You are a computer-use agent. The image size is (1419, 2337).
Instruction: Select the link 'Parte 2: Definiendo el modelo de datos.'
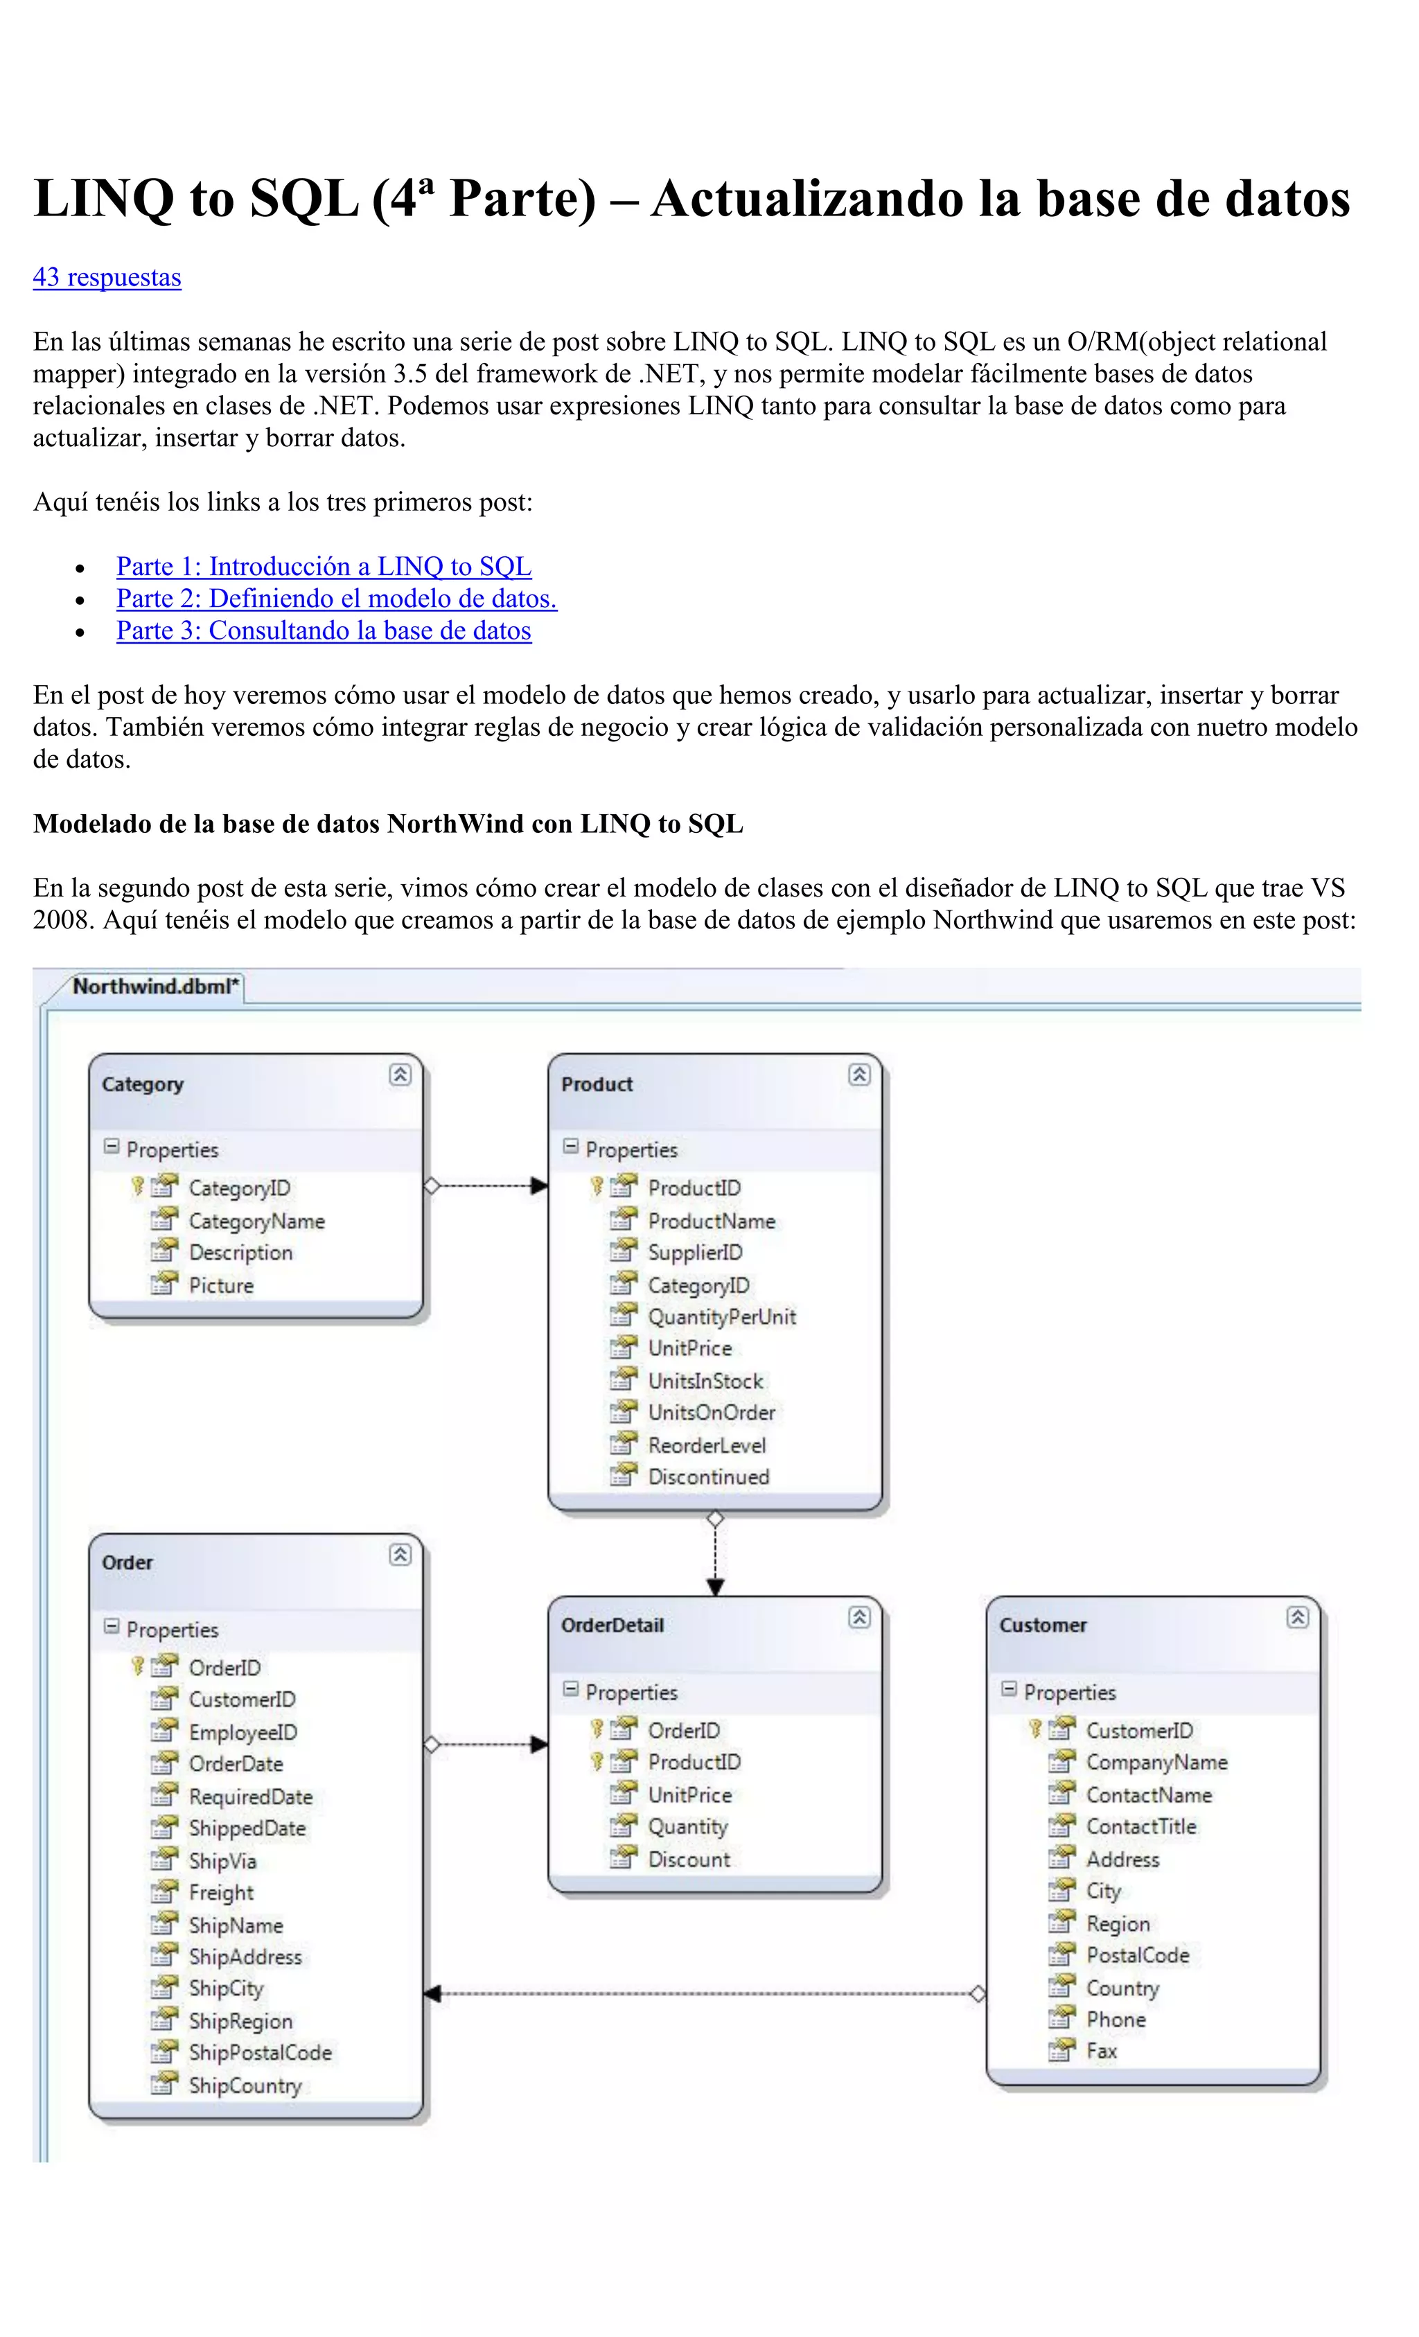(x=336, y=599)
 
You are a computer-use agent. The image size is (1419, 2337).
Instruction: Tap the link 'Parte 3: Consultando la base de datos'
(x=324, y=630)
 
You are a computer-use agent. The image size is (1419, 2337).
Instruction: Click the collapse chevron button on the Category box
(x=400, y=1075)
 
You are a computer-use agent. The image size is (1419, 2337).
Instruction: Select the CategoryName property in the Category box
(x=256, y=1222)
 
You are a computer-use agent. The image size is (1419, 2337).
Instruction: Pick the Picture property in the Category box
(x=221, y=1286)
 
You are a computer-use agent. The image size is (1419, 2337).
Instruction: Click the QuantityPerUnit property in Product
(x=721, y=1317)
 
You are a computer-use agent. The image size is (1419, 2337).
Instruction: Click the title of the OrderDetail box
(x=612, y=1625)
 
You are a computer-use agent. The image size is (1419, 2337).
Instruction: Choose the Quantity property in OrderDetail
(x=688, y=1827)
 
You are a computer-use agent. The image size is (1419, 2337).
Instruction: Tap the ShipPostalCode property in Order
(x=260, y=2054)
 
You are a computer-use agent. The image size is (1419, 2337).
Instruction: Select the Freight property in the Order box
(x=221, y=1893)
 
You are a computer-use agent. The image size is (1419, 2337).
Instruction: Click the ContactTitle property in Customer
(x=1141, y=1827)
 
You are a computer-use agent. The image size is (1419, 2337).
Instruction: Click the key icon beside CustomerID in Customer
(x=1035, y=1729)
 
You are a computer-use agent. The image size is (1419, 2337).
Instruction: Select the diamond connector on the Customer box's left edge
(x=978, y=1995)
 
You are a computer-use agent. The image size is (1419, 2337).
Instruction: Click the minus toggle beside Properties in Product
(x=571, y=1147)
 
